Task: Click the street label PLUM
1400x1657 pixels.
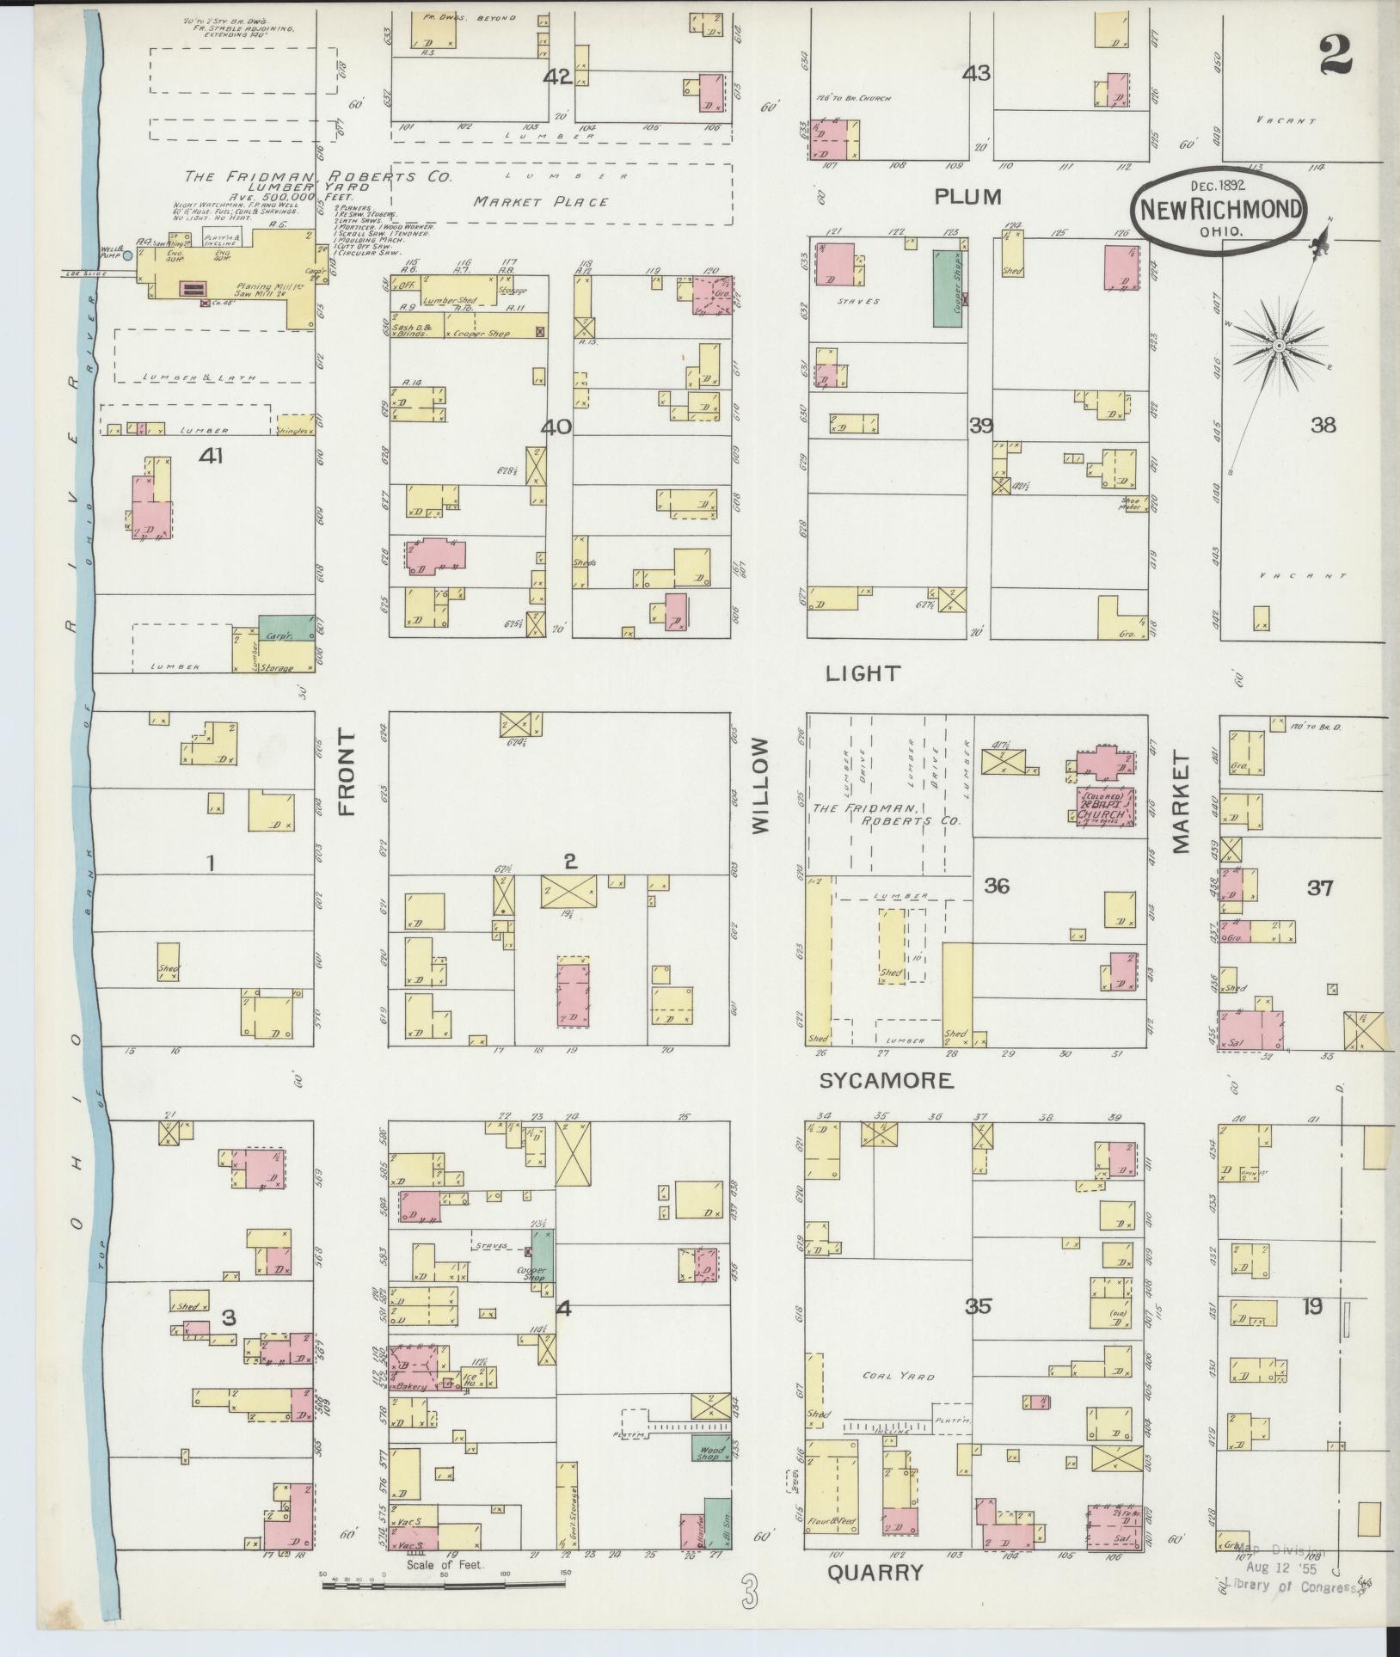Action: click(968, 197)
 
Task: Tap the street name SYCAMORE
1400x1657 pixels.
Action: click(886, 1081)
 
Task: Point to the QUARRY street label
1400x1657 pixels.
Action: click(875, 1573)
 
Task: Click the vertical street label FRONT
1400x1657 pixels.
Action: click(346, 772)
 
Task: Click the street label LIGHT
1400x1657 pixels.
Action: click(863, 673)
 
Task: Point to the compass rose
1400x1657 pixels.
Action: click(1279, 345)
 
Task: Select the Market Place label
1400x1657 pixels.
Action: click(541, 202)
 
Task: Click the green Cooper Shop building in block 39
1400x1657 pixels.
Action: click(948, 288)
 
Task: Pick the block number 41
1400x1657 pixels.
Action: click(211, 456)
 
